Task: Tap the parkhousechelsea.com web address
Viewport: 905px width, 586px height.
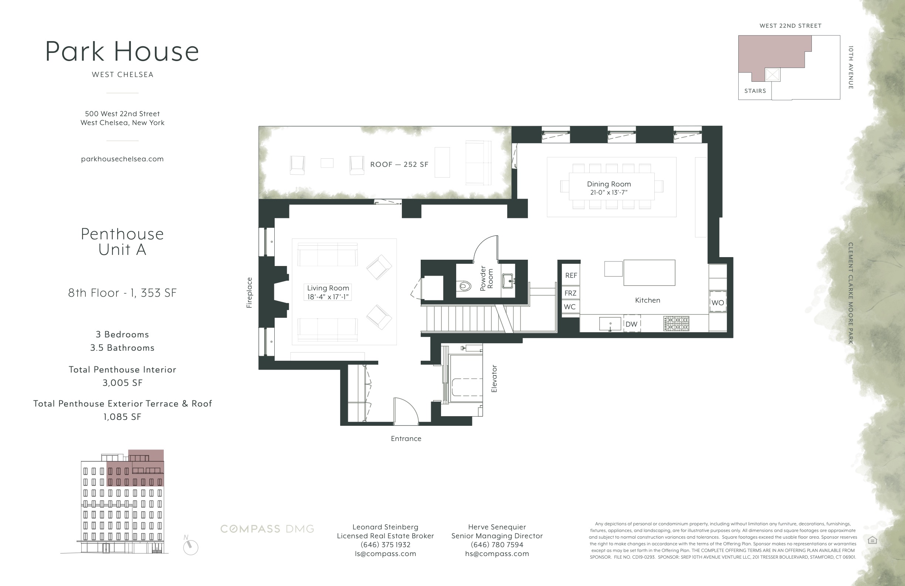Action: pos(122,159)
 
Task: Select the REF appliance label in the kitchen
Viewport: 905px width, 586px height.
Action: pos(571,276)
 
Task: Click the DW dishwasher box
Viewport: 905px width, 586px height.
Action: pos(631,324)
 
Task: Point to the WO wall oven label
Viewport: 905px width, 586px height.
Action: pos(718,303)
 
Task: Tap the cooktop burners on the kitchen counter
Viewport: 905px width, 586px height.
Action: pos(676,323)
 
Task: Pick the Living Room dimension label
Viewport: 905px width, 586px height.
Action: pos(328,292)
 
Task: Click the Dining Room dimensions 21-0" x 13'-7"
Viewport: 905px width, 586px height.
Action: pos(609,192)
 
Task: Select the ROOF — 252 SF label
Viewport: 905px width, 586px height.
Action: pos(399,164)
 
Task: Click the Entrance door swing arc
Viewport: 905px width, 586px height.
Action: pos(407,410)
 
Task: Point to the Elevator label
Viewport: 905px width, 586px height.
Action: pos(494,378)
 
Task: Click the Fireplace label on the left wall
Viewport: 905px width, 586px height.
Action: pos(249,293)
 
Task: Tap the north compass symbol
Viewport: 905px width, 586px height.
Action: pos(190,547)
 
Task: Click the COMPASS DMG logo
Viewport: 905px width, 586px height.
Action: pos(267,529)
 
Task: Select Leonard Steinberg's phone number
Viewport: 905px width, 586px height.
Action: pos(385,545)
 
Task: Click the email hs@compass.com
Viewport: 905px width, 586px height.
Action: pos(496,554)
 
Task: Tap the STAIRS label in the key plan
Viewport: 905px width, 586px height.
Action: pos(755,91)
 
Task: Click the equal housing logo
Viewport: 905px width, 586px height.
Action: pos(872,540)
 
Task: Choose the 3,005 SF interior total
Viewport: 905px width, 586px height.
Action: pos(122,383)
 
